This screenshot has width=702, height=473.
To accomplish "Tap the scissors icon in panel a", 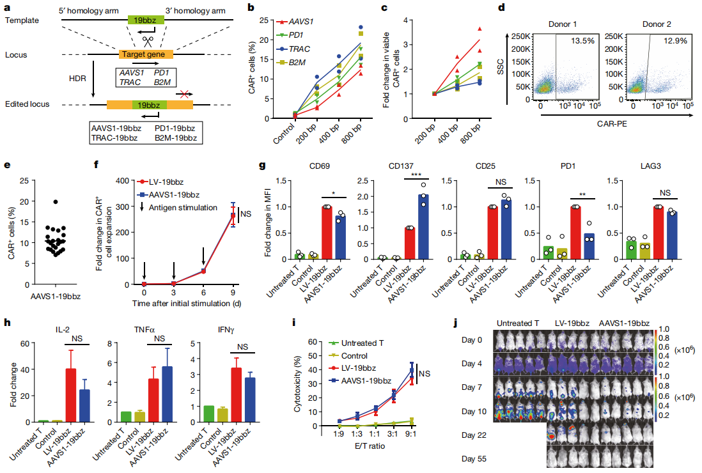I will (x=148, y=40).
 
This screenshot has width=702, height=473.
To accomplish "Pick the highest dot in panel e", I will (x=56, y=202).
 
